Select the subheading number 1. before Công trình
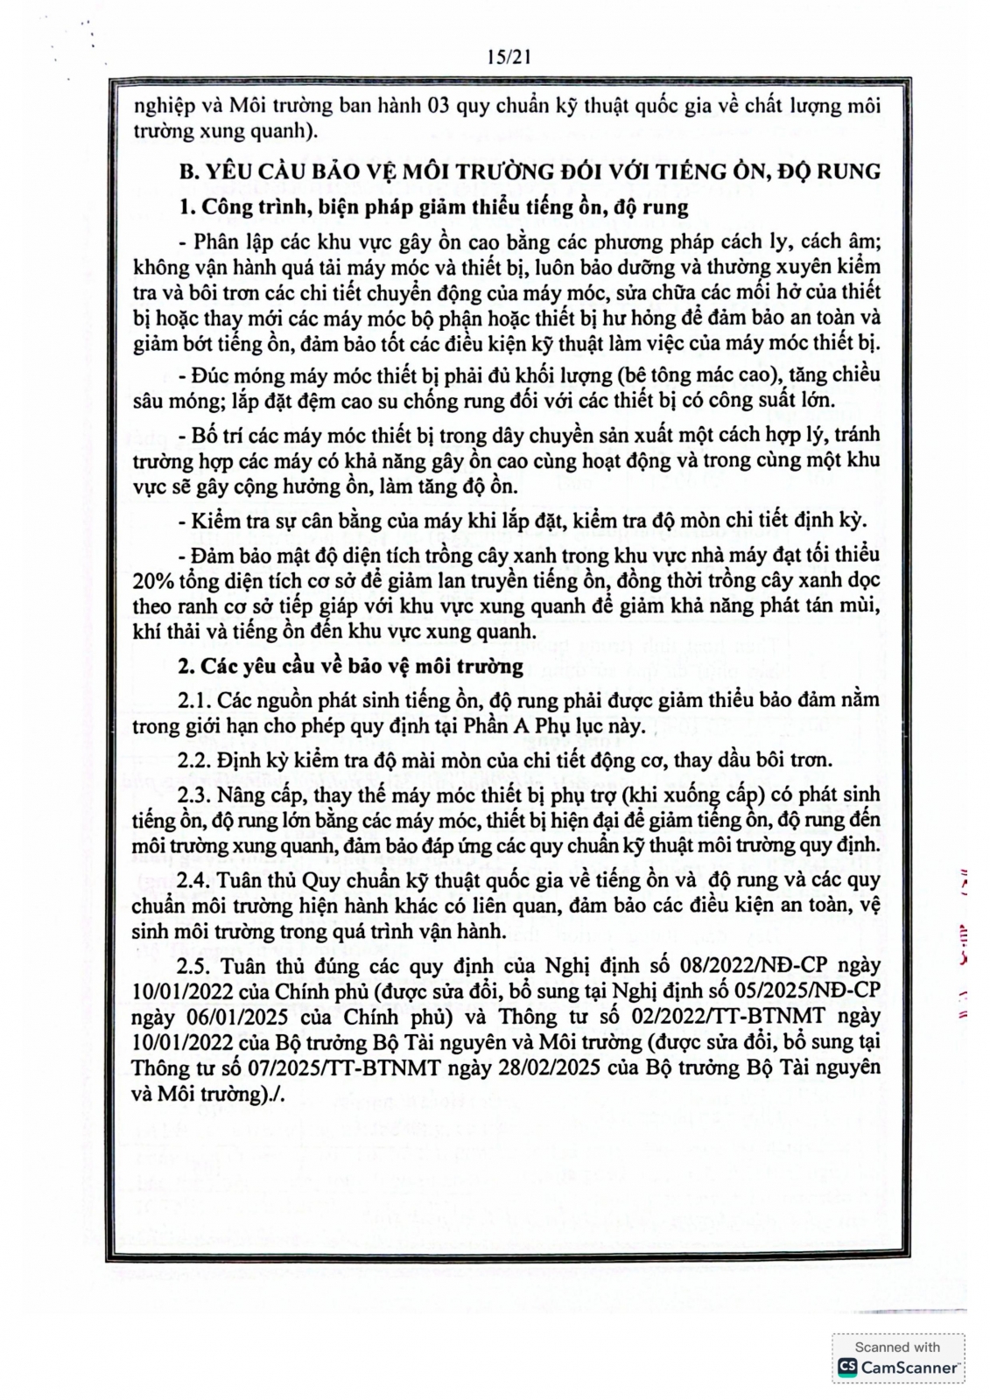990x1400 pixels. point(186,208)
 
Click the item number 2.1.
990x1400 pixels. point(193,700)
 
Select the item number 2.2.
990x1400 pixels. point(193,759)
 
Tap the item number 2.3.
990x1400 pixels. point(193,794)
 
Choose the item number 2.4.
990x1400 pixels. point(193,880)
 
